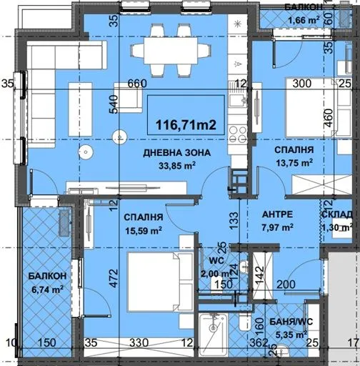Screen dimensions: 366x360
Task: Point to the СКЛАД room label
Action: (336, 215)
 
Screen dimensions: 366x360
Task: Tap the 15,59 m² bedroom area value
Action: (143, 229)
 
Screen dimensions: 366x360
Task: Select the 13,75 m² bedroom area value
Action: (295, 163)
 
